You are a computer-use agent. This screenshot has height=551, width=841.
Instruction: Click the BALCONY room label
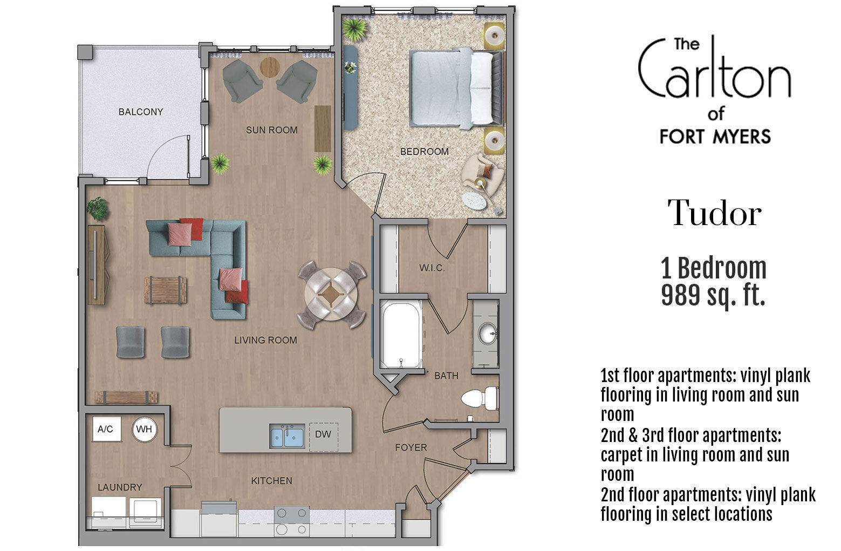pyautogui.click(x=140, y=112)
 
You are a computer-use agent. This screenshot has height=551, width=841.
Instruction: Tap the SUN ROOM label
pyautogui.click(x=271, y=130)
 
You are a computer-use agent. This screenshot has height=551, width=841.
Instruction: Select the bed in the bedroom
pyautogui.click(x=455, y=88)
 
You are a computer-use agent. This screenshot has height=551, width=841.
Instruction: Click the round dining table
pyautogui.click(x=331, y=295)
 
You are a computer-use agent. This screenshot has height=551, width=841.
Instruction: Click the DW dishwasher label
pyautogui.click(x=323, y=433)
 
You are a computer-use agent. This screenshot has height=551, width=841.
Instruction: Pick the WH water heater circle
pyautogui.click(x=144, y=430)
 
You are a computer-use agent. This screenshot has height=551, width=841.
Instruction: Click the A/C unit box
pyautogui.click(x=106, y=429)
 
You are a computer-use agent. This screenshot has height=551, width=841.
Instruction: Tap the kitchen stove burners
pyautogui.click(x=292, y=520)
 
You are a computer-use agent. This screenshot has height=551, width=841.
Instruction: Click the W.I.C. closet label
pyautogui.click(x=432, y=268)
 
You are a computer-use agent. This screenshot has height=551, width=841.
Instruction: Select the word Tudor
pyautogui.click(x=714, y=213)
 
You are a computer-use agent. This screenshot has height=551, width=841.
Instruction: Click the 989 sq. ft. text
pyautogui.click(x=713, y=295)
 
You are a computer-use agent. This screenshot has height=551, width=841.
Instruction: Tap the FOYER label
pyautogui.click(x=411, y=447)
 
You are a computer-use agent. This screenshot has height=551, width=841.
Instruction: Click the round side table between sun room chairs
pyautogui.click(x=270, y=67)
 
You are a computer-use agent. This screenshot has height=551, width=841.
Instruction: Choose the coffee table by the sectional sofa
pyautogui.click(x=165, y=290)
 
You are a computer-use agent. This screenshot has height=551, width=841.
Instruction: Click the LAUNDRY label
pyautogui.click(x=120, y=487)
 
